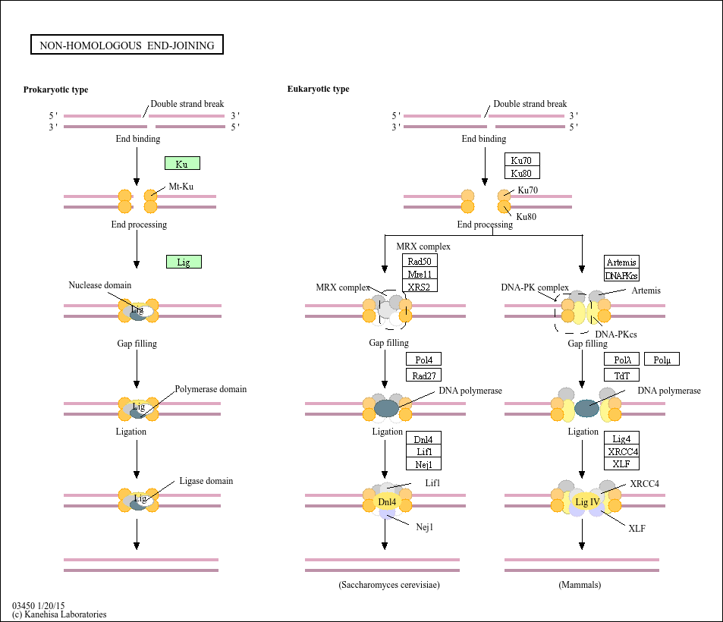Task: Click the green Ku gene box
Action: point(182,163)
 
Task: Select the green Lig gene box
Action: point(184,262)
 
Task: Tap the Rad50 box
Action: point(420,262)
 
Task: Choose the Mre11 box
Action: point(420,274)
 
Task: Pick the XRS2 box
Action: point(420,286)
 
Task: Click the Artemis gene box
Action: point(622,262)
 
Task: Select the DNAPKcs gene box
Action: point(622,275)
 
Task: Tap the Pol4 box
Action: point(423,360)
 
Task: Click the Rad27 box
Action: point(423,374)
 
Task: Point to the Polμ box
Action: point(662,360)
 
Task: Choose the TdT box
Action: point(622,375)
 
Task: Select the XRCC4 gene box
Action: point(622,451)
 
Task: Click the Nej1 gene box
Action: point(423,463)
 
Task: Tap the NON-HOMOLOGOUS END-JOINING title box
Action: point(127,46)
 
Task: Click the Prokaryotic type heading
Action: point(55,90)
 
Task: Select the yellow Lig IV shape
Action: point(587,501)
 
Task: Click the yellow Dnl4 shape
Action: point(387,501)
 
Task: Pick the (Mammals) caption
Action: point(580,585)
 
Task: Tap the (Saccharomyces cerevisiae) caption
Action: point(389,585)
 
